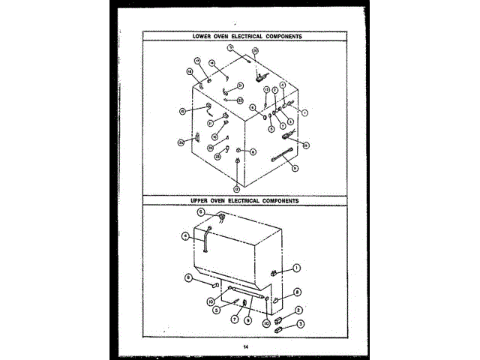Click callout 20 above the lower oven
255,50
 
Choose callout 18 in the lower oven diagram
190,71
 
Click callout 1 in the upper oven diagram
297,268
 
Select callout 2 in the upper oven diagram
298,310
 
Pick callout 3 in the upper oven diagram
301,324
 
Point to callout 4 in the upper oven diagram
184,235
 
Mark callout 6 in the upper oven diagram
201,212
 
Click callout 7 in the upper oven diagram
234,318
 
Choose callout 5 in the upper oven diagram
216,308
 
